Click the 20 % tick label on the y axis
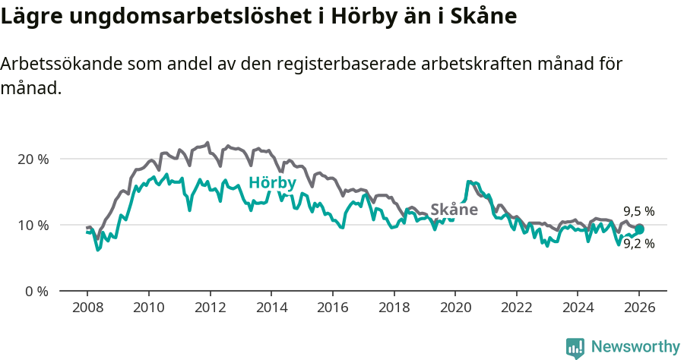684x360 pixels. pyautogui.click(x=33, y=159)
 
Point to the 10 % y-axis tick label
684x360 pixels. pyautogui.click(x=33, y=226)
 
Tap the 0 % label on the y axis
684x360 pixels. pyautogui.click(x=36, y=292)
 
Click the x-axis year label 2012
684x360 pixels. pyautogui.click(x=209, y=309)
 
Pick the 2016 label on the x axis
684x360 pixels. pyautogui.click(x=332, y=309)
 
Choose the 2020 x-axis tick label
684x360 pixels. pyautogui.click(x=454, y=309)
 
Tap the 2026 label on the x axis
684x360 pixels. pyautogui.click(x=638, y=309)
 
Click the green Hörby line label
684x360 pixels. pyautogui.click(x=272, y=183)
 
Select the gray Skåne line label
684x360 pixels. pyautogui.click(x=454, y=210)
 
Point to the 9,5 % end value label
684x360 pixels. pyautogui.click(x=638, y=212)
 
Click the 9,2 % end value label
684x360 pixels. pyautogui.click(x=638, y=244)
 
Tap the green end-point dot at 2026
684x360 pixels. pyautogui.click(x=639, y=229)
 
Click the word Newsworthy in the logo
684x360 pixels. pyautogui.click(x=635, y=347)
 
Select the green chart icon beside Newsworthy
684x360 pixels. pyautogui.click(x=575, y=348)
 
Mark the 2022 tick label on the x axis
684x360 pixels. pyautogui.click(x=516, y=309)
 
